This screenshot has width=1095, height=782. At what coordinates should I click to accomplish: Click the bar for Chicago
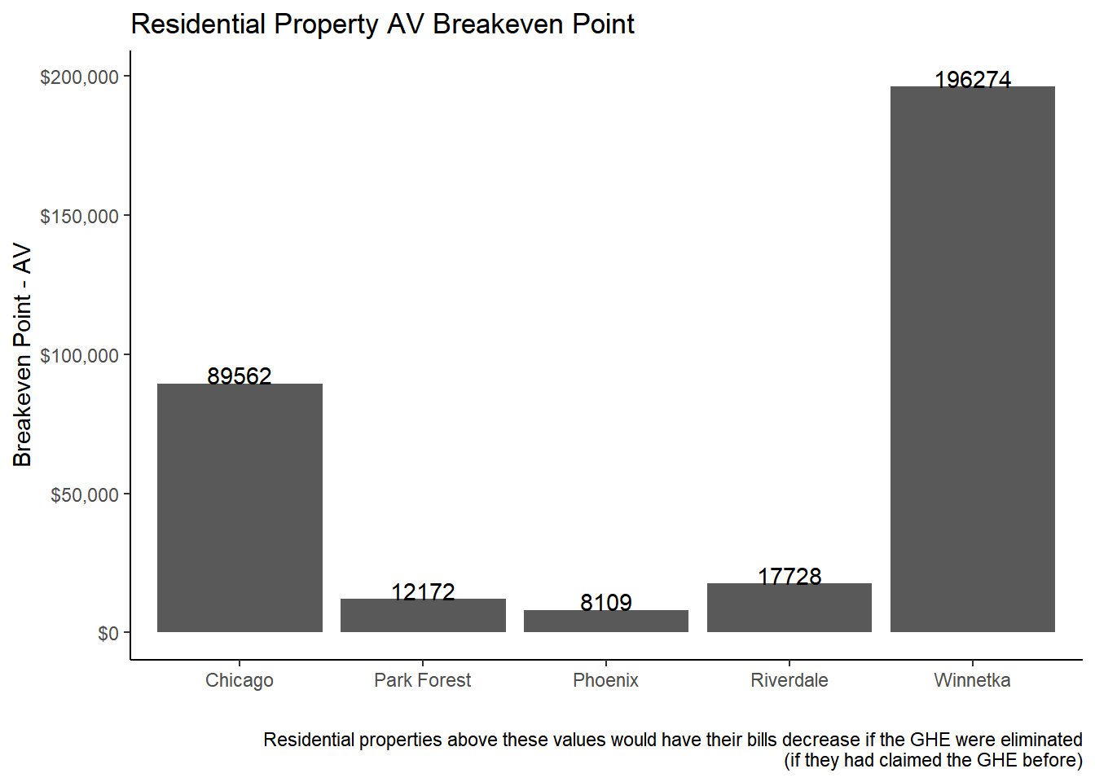tap(240, 507)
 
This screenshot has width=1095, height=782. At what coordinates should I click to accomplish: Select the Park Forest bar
tap(423, 616)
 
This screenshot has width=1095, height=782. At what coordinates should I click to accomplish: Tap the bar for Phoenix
tap(606, 622)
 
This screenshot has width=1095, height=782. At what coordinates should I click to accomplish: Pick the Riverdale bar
tap(789, 608)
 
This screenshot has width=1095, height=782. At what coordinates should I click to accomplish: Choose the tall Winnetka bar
tap(973, 358)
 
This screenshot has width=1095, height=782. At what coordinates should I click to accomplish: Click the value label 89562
tap(240, 376)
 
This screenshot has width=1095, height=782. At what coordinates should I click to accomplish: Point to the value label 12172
tap(423, 591)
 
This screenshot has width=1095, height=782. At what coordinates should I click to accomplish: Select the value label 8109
tap(606, 602)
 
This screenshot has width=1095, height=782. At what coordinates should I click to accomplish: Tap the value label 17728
tap(789, 576)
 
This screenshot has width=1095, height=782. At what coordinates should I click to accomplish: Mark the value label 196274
tap(973, 79)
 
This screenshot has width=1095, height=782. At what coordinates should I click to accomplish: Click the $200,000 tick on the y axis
tap(80, 77)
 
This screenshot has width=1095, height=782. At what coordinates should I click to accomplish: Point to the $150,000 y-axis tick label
tap(80, 216)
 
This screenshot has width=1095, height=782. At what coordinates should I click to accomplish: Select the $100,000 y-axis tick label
tap(80, 355)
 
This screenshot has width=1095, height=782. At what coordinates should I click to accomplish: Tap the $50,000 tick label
tap(85, 494)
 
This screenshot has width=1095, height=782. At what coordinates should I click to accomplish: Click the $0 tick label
tap(108, 634)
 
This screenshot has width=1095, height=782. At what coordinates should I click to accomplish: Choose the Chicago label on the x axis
tap(240, 680)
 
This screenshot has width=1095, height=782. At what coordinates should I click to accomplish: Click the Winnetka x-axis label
tap(972, 680)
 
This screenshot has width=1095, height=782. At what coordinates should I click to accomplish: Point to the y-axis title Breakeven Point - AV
tap(22, 354)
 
